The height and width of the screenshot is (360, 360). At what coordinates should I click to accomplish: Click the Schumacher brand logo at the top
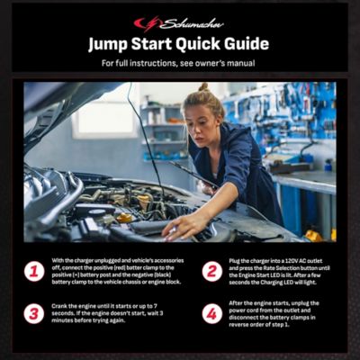click(x=179, y=23)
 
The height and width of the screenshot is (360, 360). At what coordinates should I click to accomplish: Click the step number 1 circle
click(x=34, y=271)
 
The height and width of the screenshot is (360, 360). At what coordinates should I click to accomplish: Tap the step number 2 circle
click(x=212, y=271)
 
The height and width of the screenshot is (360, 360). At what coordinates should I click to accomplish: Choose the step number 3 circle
click(x=34, y=313)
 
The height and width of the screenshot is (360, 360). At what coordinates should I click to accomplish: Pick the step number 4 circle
click(x=212, y=313)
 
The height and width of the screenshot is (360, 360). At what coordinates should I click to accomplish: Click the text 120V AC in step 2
click(x=292, y=258)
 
